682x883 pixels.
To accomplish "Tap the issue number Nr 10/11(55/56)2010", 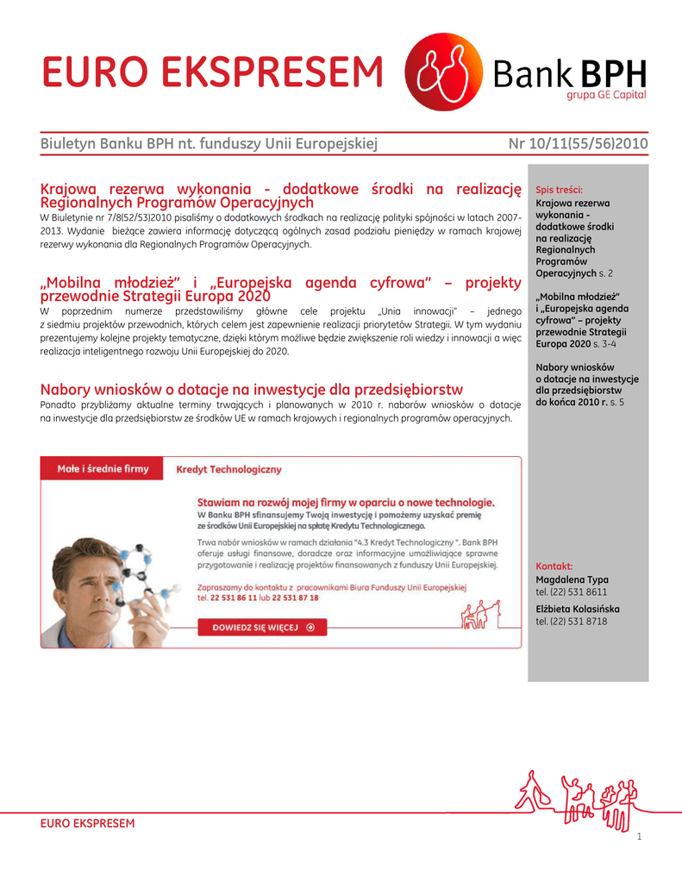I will point(579,143).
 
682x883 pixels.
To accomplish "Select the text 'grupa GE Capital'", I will point(605,97).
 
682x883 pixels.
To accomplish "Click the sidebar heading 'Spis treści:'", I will point(560,189).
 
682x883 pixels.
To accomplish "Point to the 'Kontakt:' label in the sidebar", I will point(554,567).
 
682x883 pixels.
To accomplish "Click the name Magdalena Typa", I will point(572,580).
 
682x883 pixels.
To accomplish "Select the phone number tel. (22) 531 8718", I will point(572,621).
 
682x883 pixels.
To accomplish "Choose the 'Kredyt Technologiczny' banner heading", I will point(228,470).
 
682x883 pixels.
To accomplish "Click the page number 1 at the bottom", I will point(639,837).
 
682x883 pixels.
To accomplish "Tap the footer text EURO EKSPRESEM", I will point(88,824).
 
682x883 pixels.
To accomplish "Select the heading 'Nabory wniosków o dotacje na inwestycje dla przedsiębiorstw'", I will point(252,390).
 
